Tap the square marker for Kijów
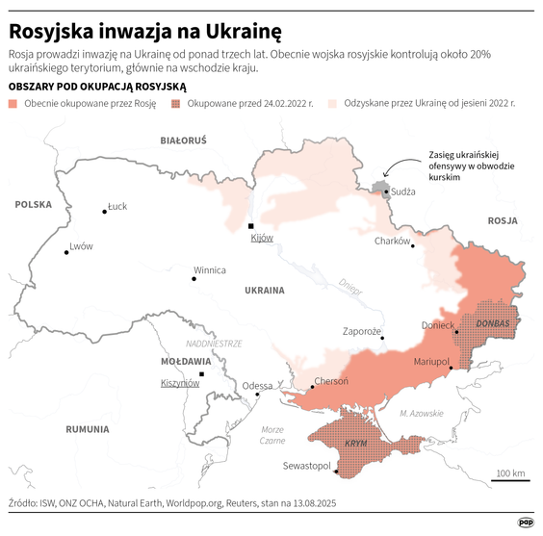coord(252,226)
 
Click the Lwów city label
coord(81,246)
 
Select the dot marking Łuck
coord(104,212)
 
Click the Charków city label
coord(393,242)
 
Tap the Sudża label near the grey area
coord(403,191)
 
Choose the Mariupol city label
coord(431,361)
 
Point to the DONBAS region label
coord(492,322)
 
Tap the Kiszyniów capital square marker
coord(201,373)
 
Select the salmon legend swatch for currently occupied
coord(13,102)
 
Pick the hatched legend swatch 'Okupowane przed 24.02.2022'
coord(176,102)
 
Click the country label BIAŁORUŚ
coord(183,140)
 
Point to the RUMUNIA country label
coord(94,428)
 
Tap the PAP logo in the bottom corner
coord(526,522)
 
